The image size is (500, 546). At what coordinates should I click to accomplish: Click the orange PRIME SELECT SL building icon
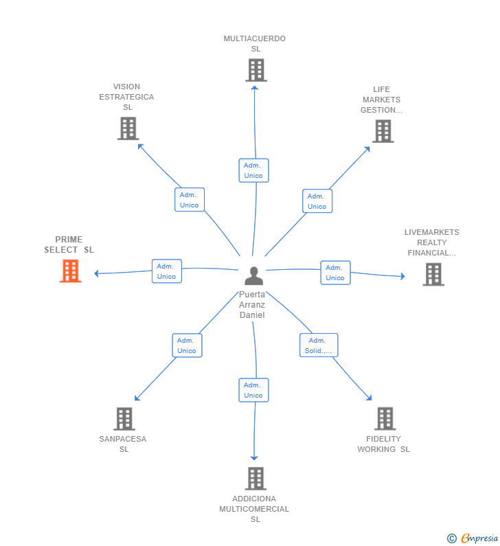point(70,271)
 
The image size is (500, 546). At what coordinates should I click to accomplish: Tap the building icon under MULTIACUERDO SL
point(255,70)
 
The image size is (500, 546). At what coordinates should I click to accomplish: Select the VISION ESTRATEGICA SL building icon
point(128,128)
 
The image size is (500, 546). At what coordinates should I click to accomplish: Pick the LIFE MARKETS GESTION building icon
point(383,131)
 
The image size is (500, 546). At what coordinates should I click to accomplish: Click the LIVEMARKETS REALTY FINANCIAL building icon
point(433,274)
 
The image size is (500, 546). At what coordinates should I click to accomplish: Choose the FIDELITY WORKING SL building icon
point(385,418)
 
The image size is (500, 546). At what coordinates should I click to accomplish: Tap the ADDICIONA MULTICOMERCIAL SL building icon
point(255,478)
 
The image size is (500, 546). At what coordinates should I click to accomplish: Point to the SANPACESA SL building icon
point(124,418)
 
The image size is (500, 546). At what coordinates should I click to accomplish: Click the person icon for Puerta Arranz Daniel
point(253,275)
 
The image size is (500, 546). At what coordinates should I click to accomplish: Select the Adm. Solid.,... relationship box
point(319,345)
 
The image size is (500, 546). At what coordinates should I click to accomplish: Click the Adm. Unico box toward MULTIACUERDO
point(253,170)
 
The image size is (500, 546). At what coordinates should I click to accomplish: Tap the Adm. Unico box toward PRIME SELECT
point(166,271)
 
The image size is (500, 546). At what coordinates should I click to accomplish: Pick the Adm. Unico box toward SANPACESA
point(187,345)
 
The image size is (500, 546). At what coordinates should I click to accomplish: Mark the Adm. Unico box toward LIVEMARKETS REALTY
point(335,273)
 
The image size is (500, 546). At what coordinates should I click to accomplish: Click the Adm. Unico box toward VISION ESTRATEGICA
point(189,200)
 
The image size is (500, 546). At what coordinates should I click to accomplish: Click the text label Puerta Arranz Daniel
point(252,305)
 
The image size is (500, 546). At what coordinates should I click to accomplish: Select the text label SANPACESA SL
point(123,444)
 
